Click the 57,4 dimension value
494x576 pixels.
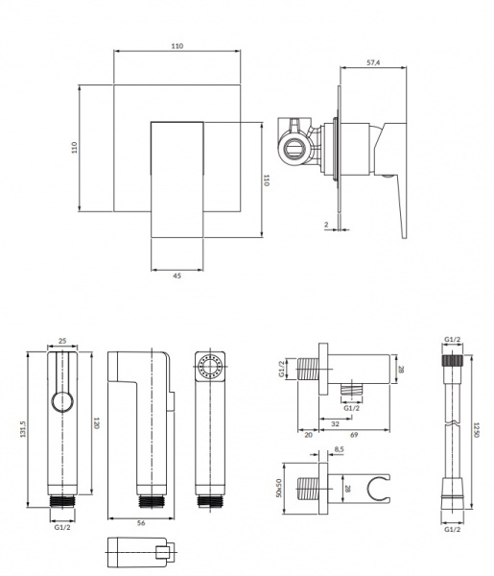click(x=373, y=62)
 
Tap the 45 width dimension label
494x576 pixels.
click(x=176, y=276)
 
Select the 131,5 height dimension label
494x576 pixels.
click(x=23, y=429)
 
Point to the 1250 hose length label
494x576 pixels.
click(x=476, y=430)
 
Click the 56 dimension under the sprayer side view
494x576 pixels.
click(x=141, y=523)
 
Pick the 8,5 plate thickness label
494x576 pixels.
click(x=339, y=449)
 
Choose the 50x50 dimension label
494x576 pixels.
click(x=278, y=488)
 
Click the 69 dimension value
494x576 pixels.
click(x=353, y=435)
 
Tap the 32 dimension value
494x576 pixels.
click(x=335, y=423)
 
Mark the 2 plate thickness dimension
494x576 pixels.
click(x=326, y=225)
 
